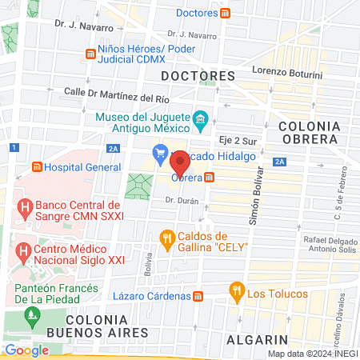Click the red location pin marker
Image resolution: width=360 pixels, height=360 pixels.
tap(180, 164)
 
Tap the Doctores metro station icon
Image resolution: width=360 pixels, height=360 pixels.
tap(226, 13)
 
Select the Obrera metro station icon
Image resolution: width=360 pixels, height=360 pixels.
tap(209, 177)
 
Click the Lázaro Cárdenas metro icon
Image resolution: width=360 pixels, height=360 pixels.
tap(198, 295)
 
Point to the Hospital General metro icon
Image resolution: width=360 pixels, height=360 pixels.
tap(37, 167)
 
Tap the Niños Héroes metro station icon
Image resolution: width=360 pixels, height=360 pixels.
tap(90, 54)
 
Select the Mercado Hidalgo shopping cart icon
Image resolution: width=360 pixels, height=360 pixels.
tap(160, 152)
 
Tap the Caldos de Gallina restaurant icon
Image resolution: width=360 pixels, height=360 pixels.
tap(166, 238)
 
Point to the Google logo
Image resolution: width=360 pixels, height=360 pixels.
tap(26, 350)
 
